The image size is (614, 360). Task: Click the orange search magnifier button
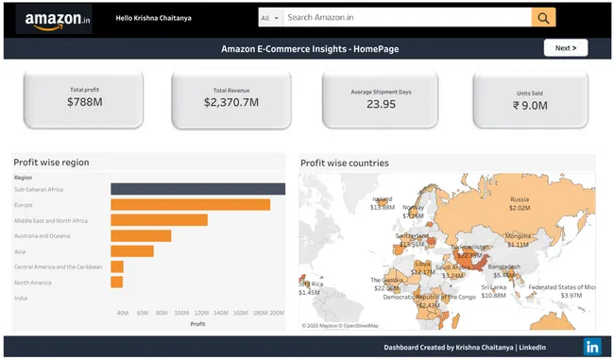pos(543,17)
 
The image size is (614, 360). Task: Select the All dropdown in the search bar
pos(269,17)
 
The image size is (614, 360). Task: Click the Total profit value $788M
pos(84,101)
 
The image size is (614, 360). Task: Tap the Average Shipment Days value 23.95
pos(381,103)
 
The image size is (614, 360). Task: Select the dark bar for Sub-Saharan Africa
pos(197,189)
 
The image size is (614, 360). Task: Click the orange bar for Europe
pos(190,204)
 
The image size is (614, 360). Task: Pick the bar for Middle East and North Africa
pos(159,220)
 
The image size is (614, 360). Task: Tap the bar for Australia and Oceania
pos(141,235)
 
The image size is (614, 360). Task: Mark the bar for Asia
pos(131,250)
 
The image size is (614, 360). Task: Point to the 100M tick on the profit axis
pos(180,313)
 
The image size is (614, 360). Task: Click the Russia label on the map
pos(520,199)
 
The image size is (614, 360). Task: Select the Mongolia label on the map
pos(519,235)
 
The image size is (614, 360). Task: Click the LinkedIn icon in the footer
pos(591,347)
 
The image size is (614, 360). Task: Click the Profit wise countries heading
pos(344,163)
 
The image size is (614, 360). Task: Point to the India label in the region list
pos(21,298)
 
